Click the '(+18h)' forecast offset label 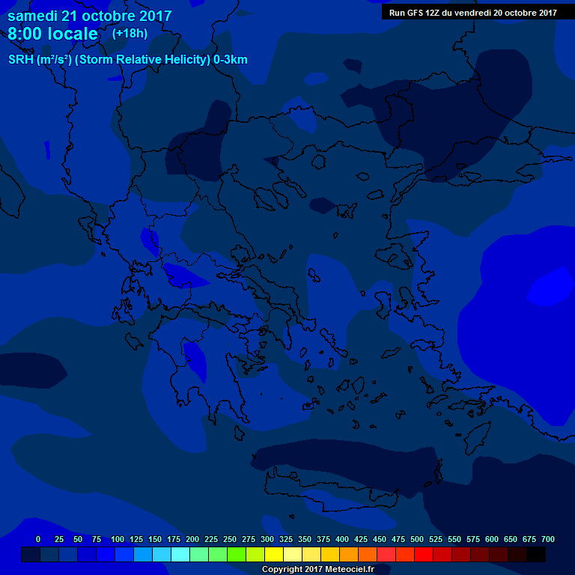tap(130, 34)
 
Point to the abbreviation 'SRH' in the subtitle tap(21, 60)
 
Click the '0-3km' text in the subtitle tap(231, 60)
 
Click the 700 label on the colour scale tap(548, 539)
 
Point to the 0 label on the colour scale tap(38, 539)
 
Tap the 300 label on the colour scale tap(267, 539)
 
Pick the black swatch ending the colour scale tap(536, 554)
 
